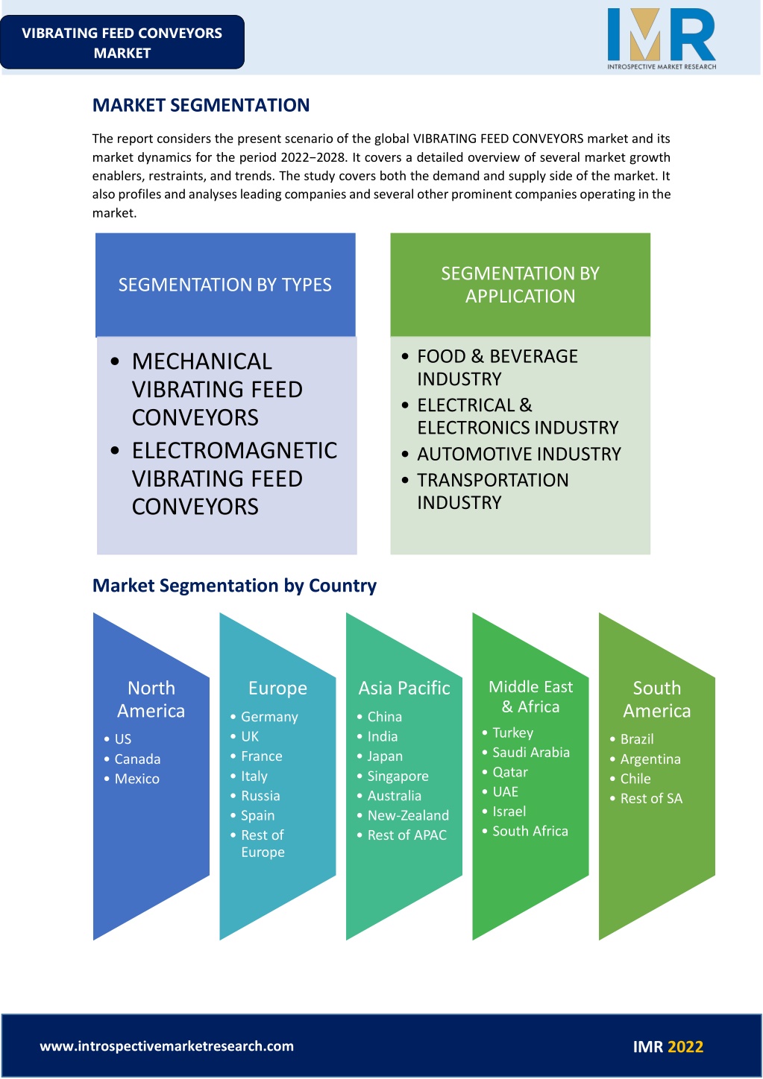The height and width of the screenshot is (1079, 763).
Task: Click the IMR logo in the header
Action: pyautogui.click(x=662, y=39)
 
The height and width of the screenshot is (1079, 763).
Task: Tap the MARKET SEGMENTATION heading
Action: pyautogui.click(x=201, y=105)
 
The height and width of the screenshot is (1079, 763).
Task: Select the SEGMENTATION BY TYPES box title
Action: pyautogui.click(x=225, y=285)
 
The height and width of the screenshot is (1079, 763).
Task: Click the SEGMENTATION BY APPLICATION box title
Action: pyautogui.click(x=520, y=285)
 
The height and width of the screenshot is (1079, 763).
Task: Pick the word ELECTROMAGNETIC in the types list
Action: pyautogui.click(x=235, y=451)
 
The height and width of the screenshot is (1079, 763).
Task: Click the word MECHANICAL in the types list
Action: pyautogui.click(x=202, y=361)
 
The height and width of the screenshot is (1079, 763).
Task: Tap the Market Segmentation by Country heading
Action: pyautogui.click(x=234, y=586)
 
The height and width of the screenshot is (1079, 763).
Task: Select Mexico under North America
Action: pyautogui.click(x=137, y=779)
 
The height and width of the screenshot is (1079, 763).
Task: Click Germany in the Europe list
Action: pyautogui.click(x=269, y=717)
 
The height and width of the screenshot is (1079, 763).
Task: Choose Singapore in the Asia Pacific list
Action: pyautogui.click(x=398, y=776)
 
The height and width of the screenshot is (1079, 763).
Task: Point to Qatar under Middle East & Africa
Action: pyautogui.click(x=510, y=772)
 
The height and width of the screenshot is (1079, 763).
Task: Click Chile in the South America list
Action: pyautogui.click(x=635, y=779)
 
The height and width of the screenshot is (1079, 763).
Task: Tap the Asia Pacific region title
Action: pyautogui.click(x=404, y=688)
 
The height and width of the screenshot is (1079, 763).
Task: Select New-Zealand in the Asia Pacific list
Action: pyautogui.click(x=408, y=815)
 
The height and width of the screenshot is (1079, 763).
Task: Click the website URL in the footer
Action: pyautogui.click(x=167, y=1046)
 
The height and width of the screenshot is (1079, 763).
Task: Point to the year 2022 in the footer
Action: pyautogui.click(x=685, y=1046)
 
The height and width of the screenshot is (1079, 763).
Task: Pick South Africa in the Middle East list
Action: pyautogui.click(x=530, y=831)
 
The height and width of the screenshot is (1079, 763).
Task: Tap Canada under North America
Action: pyautogui.click(x=137, y=759)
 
